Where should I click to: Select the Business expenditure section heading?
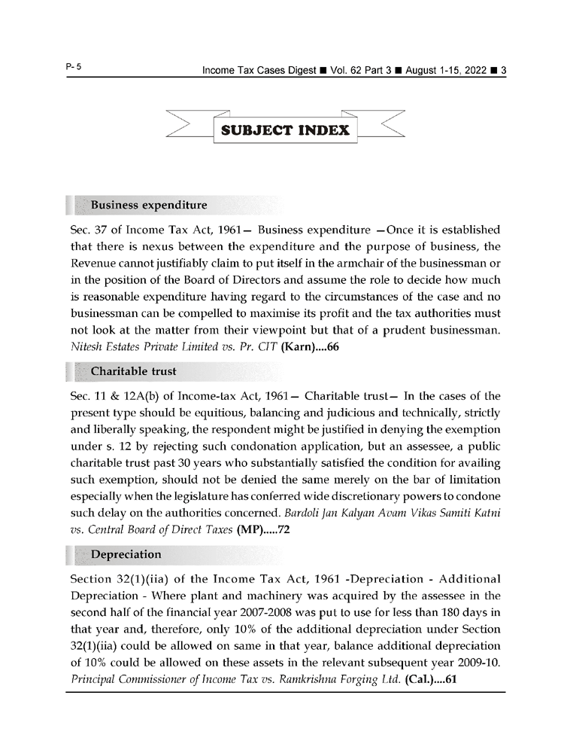tap(148, 205)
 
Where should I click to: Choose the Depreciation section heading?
tap(126, 554)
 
